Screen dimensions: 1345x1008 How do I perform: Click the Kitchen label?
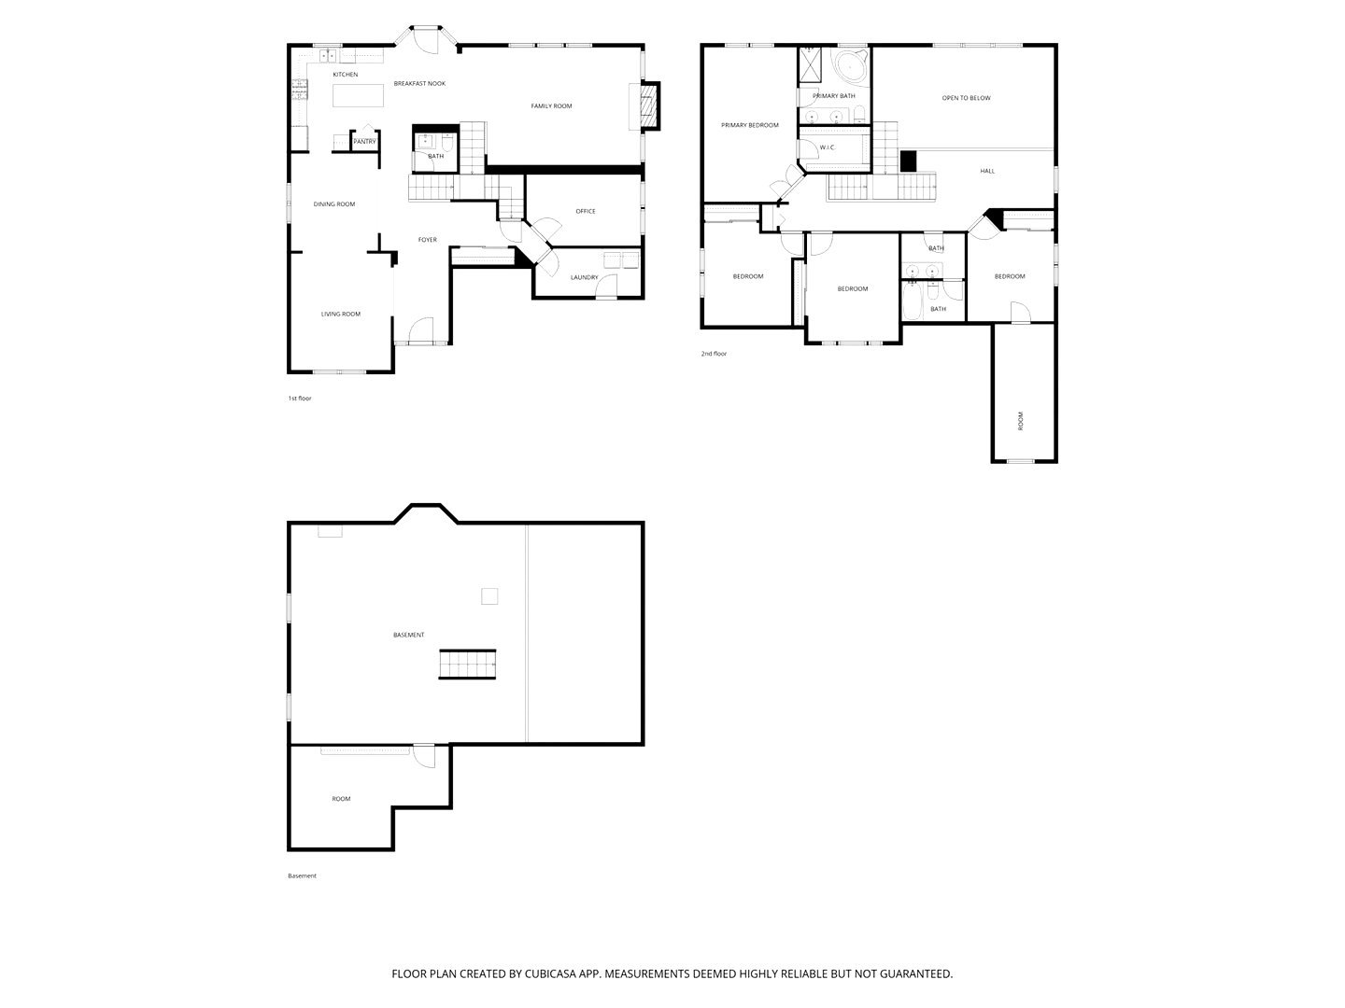click(345, 75)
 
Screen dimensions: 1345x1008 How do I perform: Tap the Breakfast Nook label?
click(419, 83)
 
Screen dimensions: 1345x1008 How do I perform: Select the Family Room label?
click(551, 105)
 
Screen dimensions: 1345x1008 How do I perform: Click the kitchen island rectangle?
click(358, 95)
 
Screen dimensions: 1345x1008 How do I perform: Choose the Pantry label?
click(364, 142)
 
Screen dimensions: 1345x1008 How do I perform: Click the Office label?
click(586, 211)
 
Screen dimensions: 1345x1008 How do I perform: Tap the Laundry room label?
click(584, 277)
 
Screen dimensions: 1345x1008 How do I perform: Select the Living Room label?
click(341, 314)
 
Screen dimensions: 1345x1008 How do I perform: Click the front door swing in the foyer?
click(421, 329)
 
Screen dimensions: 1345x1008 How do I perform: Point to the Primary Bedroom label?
click(749, 125)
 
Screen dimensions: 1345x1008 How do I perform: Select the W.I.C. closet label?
click(827, 147)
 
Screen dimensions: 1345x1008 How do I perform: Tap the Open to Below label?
click(966, 98)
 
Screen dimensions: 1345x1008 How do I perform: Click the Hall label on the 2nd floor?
click(986, 172)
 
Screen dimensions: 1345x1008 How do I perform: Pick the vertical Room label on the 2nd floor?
click(1020, 420)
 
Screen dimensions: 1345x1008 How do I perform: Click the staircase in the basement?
click(467, 664)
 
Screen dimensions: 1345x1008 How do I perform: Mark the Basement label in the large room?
click(408, 635)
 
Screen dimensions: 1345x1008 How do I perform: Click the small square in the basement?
click(489, 595)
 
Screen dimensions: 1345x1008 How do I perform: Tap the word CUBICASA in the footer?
click(550, 973)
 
